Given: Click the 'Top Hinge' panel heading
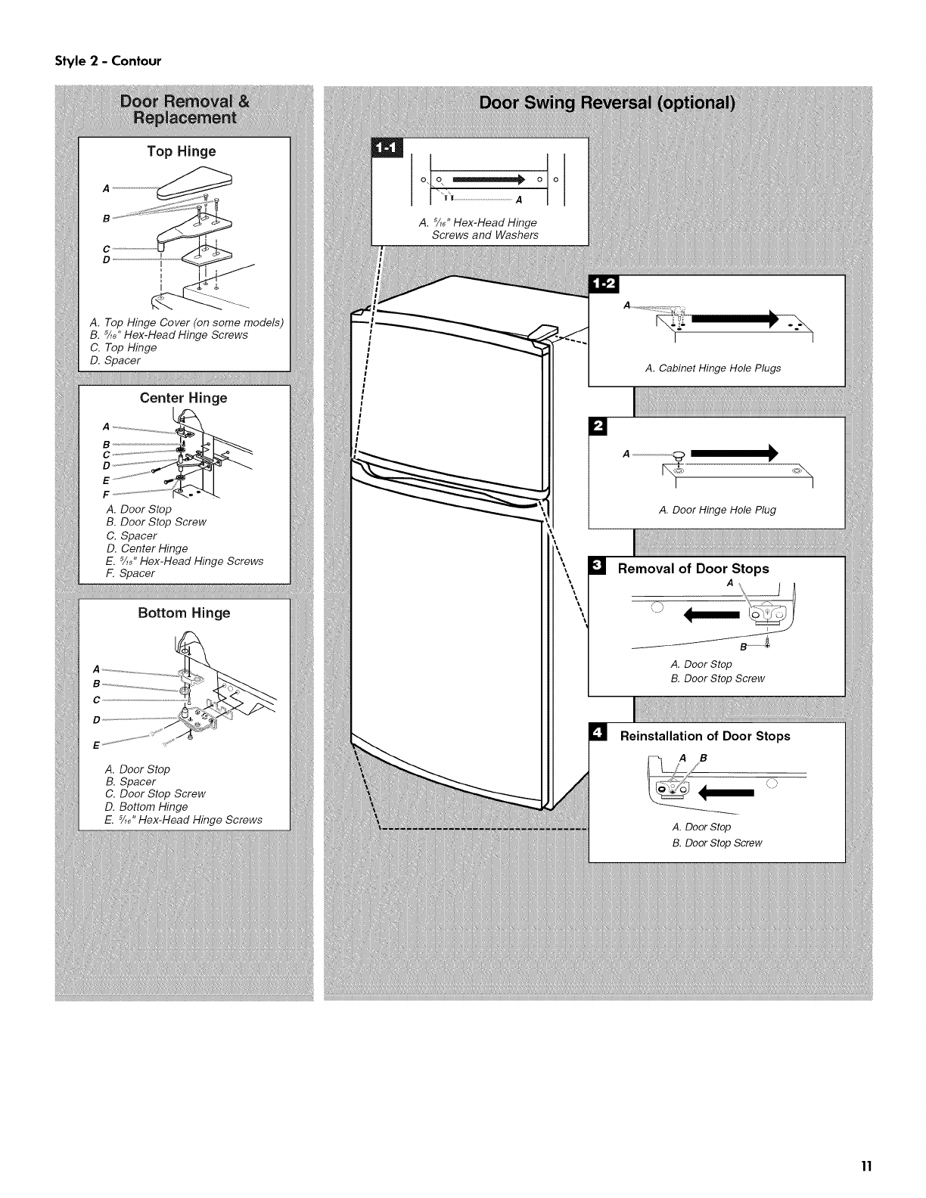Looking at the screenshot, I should (x=182, y=151).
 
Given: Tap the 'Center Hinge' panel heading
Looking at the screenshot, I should (x=183, y=398).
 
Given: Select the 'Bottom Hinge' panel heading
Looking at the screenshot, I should (x=184, y=613).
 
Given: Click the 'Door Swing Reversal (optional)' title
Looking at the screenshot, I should (x=607, y=104).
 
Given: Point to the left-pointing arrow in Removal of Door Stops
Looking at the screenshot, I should (x=711, y=614).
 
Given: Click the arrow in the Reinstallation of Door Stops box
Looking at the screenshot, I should (x=727, y=793).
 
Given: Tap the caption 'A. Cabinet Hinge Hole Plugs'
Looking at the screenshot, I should (x=713, y=368).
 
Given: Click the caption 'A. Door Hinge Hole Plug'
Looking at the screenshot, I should (x=717, y=510).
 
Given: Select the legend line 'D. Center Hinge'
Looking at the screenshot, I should (x=147, y=548).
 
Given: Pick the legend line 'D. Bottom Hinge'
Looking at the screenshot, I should (x=147, y=807).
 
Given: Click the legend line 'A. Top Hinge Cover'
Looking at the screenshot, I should (x=185, y=322).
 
